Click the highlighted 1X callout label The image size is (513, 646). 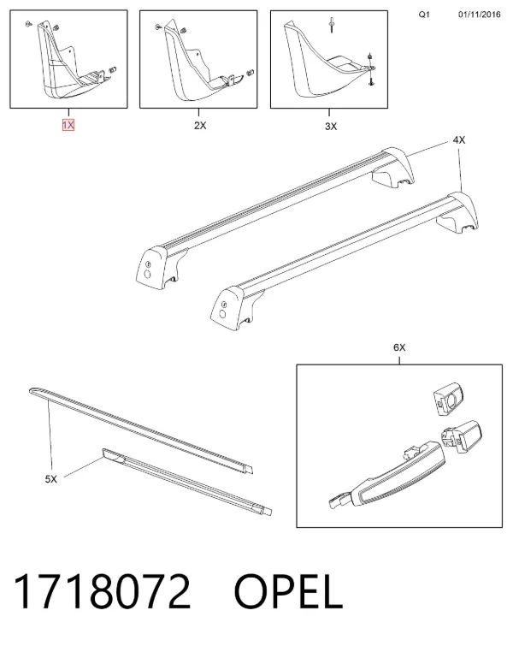(68, 125)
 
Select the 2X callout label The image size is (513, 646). (200, 125)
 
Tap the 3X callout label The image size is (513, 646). (331, 126)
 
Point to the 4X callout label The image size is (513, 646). (459, 140)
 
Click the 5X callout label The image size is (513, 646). (51, 479)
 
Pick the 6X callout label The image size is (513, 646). (399, 347)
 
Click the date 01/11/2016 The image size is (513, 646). (480, 15)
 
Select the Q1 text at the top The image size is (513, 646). (424, 15)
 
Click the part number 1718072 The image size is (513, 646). (102, 591)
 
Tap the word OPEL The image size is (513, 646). (288, 591)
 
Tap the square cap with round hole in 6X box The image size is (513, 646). (449, 398)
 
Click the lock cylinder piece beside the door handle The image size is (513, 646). (461, 436)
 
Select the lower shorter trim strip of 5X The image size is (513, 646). (186, 480)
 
